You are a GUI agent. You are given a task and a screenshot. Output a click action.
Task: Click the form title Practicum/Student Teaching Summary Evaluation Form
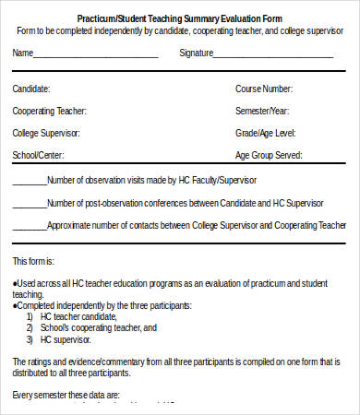pyautogui.click(x=180, y=18)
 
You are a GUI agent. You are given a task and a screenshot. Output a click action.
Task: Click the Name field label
pyautogui.click(x=22, y=53)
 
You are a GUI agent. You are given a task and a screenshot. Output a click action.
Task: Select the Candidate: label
pyautogui.click(x=31, y=89)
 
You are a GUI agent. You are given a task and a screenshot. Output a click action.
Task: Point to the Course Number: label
pyautogui.click(x=264, y=89)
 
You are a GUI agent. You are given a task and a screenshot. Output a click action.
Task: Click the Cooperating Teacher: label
pyautogui.click(x=49, y=111)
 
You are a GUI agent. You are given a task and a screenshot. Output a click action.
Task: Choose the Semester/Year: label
pyautogui.click(x=263, y=111)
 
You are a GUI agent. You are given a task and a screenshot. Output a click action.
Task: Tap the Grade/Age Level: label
pyautogui.click(x=264, y=133)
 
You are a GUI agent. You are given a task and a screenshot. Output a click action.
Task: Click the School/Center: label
pyautogui.click(x=38, y=155)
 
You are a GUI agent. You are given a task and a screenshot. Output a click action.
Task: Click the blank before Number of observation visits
pyautogui.click(x=29, y=181)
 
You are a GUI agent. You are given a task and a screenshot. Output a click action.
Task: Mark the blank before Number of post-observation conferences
pyautogui.click(x=29, y=203)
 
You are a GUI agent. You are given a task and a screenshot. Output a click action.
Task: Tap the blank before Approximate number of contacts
pyautogui.click(x=29, y=225)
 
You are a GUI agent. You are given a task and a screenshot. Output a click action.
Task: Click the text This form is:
pyautogui.click(x=33, y=261)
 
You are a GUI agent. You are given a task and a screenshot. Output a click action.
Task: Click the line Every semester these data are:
pyautogui.click(x=66, y=395)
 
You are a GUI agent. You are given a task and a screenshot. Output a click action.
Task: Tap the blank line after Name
pyautogui.click(x=96, y=54)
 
